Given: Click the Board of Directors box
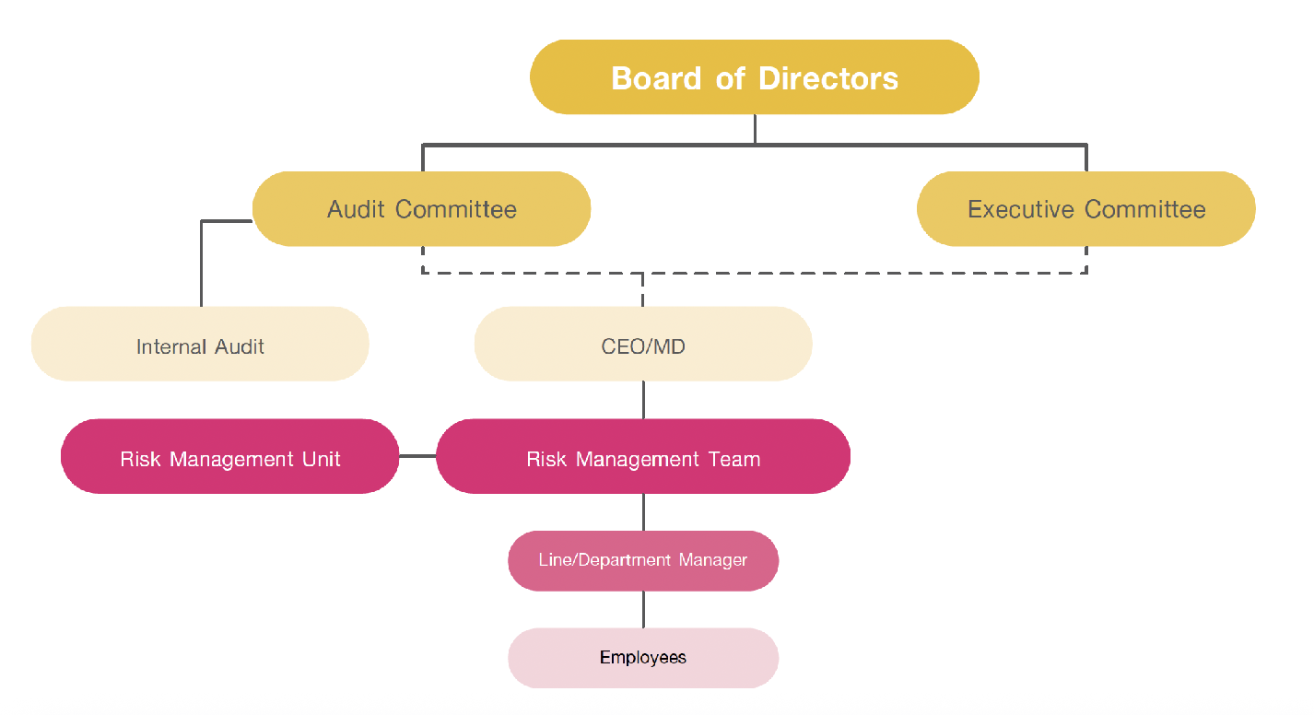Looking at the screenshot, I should click(754, 77).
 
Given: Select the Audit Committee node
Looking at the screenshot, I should click(421, 209).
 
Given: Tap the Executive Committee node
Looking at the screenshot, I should click(1085, 209).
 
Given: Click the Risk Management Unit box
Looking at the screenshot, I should click(229, 457).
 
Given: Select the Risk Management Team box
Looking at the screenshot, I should click(642, 457).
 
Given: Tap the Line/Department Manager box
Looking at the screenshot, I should click(642, 560).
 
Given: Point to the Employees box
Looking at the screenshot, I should click(642, 658).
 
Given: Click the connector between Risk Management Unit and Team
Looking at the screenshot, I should click(417, 456).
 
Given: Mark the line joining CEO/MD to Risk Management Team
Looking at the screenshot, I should click(643, 400).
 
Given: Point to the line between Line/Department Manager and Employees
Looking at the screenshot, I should click(643, 609).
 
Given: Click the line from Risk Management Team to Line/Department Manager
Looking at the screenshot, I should click(643, 511).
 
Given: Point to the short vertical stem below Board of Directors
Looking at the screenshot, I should click(755, 129).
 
